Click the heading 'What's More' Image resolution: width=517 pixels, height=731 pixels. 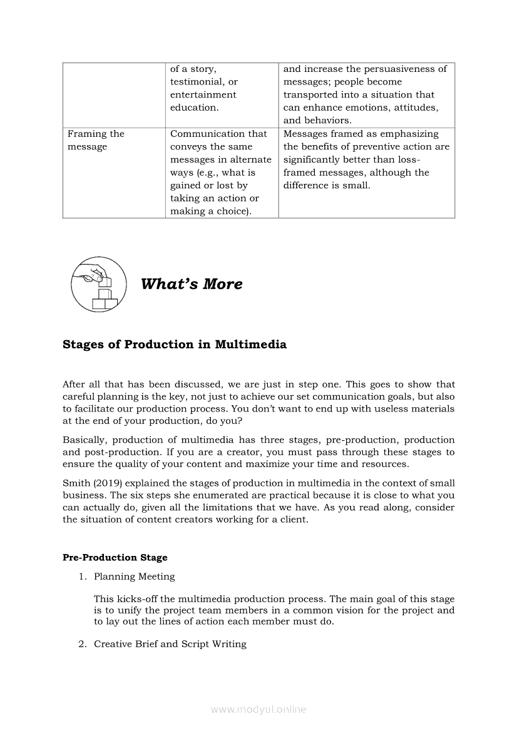(x=192, y=284)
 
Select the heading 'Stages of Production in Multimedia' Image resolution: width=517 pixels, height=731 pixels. (x=175, y=345)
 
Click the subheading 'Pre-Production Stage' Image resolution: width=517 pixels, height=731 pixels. (x=115, y=557)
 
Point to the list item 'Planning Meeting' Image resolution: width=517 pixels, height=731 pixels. (x=134, y=577)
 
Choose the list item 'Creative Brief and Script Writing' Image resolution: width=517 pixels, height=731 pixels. (x=170, y=644)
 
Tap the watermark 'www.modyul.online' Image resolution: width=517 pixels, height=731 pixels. (x=258, y=709)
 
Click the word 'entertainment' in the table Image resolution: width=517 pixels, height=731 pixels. (x=203, y=95)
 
